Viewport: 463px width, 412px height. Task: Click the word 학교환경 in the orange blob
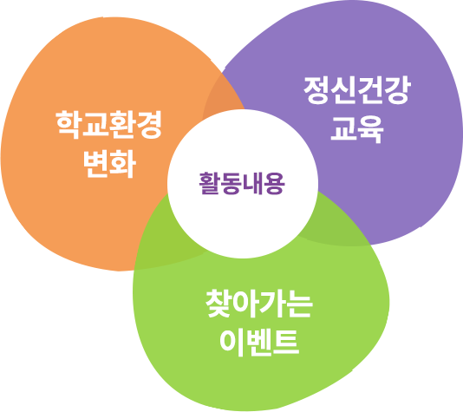tap(109, 125)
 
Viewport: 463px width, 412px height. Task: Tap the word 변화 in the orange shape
tap(109, 164)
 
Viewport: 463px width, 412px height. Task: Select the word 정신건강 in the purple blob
tap(357, 90)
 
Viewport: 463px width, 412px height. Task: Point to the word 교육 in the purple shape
tap(357, 129)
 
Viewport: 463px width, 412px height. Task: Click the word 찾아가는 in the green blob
tap(259, 304)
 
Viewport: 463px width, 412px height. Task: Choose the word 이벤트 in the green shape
tap(259, 343)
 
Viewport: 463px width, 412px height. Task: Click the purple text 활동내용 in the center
tap(242, 183)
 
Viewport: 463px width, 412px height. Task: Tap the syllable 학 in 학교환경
tap(68, 125)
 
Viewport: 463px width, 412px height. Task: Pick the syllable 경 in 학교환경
tap(149, 125)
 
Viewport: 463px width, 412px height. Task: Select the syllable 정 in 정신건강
tap(316, 90)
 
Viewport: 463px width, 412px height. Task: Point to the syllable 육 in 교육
tap(371, 129)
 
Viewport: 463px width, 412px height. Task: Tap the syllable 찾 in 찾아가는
tap(218, 304)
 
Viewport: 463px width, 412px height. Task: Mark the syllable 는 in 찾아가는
tap(300, 304)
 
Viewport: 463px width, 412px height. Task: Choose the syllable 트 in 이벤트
tap(286, 343)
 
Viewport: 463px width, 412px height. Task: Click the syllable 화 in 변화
tap(123, 164)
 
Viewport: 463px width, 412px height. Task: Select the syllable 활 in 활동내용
tap(210, 183)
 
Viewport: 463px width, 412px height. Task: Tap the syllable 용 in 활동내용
tap(275, 183)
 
